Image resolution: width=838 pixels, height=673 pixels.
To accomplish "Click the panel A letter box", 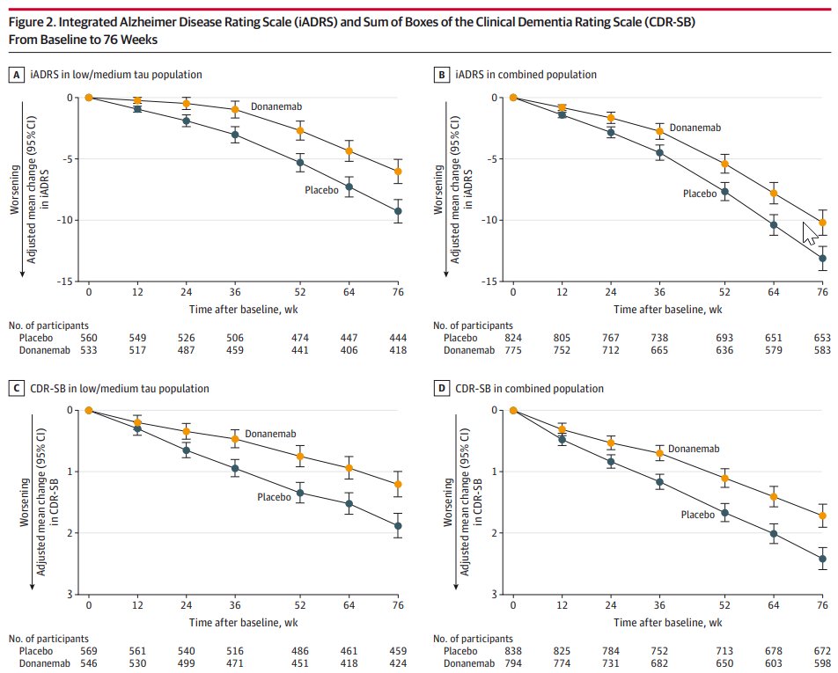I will [x=15, y=76].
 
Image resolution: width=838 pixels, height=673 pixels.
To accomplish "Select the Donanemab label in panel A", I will [x=277, y=106].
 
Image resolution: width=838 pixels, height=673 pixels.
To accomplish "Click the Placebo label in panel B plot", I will [x=701, y=193].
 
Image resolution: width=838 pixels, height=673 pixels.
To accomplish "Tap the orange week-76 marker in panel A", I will [x=399, y=172].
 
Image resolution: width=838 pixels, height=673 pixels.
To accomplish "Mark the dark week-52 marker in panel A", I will [x=300, y=163].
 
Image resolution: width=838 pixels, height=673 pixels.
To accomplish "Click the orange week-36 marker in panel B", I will [x=659, y=131].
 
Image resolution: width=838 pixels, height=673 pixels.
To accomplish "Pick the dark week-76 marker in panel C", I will [x=399, y=526].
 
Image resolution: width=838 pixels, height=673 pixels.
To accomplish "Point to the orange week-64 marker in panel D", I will [x=775, y=497].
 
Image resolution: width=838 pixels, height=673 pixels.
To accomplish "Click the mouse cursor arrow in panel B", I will [x=809, y=236].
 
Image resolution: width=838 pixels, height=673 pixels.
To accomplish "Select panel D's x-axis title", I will [x=668, y=620].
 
